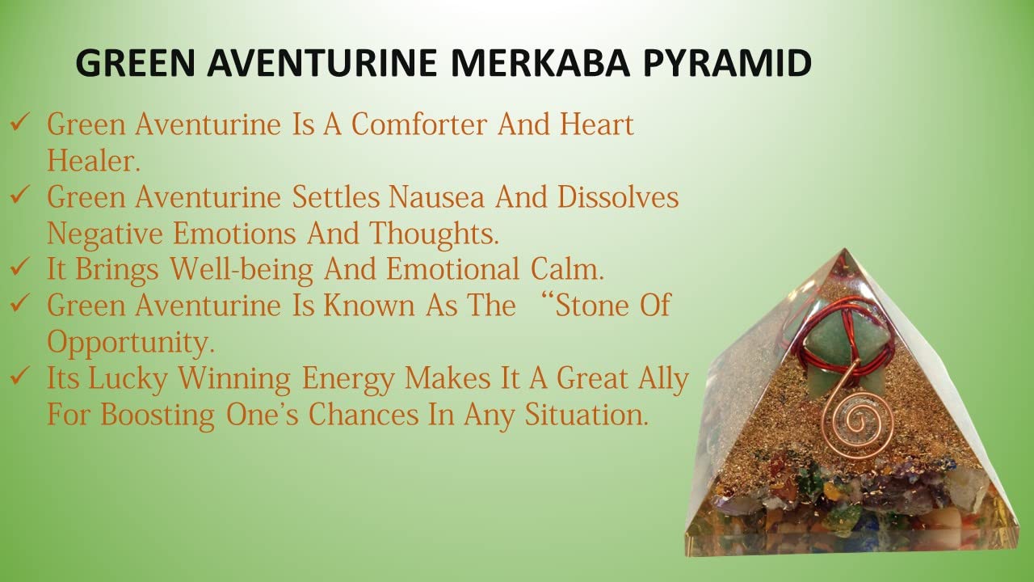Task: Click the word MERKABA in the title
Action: [x=540, y=62]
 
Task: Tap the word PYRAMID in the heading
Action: [x=727, y=62]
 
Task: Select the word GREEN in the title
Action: [x=135, y=62]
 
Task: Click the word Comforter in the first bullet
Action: [x=419, y=124]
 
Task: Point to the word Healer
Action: [x=94, y=160]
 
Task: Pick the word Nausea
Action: [x=436, y=196]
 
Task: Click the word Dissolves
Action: [x=618, y=196]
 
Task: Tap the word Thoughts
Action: [x=434, y=234]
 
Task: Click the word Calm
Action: [x=567, y=269]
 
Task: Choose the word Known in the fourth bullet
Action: [x=369, y=306]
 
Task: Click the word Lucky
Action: [x=128, y=380]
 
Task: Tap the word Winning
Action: [x=234, y=380]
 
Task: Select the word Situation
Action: [x=586, y=414]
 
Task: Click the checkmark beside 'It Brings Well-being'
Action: [x=20, y=267]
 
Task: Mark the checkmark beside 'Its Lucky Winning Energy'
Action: [x=20, y=376]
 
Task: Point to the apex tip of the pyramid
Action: [x=845, y=250]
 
